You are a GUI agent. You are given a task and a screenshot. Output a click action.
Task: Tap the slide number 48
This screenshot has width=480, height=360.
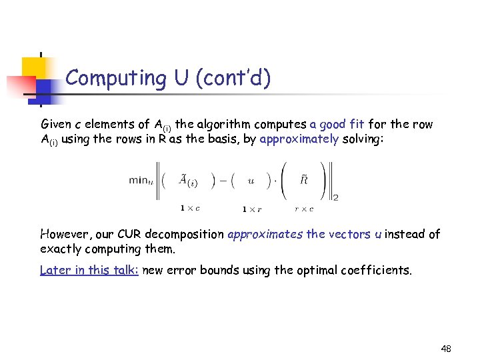446,349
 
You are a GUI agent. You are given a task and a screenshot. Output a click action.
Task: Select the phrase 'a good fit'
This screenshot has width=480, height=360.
337,124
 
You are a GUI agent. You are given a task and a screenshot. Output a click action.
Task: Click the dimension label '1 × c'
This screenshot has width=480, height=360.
191,208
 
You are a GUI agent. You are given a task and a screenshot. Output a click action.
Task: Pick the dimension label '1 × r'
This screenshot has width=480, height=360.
252,209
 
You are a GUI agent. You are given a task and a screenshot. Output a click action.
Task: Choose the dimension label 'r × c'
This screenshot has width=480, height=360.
304,209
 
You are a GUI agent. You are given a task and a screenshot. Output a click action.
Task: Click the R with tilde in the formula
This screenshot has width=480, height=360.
303,178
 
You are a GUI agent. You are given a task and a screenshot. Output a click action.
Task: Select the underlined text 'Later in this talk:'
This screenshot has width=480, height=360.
89,270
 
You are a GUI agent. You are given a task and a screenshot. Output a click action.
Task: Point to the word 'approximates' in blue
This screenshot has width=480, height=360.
265,234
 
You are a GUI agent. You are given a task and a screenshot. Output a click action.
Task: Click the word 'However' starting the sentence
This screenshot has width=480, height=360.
65,234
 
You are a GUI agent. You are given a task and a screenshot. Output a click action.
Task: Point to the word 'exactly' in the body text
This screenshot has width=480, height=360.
61,249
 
